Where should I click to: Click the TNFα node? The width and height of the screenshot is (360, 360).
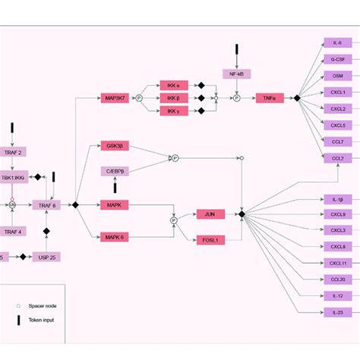click(x=269, y=98)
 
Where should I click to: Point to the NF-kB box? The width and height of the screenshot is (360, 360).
click(x=236, y=74)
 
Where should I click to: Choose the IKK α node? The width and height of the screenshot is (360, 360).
click(x=173, y=85)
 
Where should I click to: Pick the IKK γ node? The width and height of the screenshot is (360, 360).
click(x=173, y=112)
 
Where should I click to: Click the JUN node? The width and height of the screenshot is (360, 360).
click(x=210, y=214)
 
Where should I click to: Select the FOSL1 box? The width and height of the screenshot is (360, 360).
click(x=210, y=240)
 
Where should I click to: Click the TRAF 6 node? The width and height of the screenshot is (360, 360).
click(x=46, y=205)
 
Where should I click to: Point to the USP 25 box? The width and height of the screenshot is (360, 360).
click(x=46, y=257)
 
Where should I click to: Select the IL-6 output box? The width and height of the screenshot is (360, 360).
click(x=337, y=43)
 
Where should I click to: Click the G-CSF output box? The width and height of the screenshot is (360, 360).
click(x=337, y=59)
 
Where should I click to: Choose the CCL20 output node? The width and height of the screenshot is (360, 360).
click(x=337, y=279)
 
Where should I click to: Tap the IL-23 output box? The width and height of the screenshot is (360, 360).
click(x=337, y=312)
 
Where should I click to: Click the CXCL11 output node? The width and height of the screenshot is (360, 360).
click(x=337, y=263)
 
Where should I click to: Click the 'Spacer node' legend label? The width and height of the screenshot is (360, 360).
click(x=42, y=305)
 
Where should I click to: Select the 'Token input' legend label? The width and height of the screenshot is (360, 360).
click(x=42, y=320)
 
